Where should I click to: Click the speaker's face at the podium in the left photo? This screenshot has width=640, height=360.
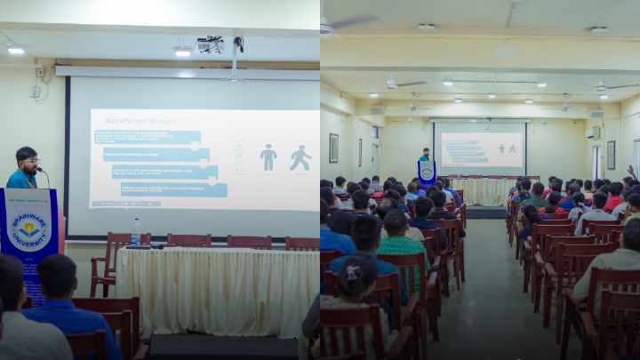tap(28, 162)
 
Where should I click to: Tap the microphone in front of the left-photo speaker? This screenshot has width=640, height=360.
tap(41, 172)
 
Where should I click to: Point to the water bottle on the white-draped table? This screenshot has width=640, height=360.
tap(135, 231)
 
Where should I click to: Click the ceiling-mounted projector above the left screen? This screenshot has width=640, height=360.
tap(210, 44)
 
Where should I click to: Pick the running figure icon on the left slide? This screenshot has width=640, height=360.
tap(300, 158)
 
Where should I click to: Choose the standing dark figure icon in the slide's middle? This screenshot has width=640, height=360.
tap(268, 157)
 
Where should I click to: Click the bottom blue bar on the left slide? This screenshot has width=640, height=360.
tap(174, 189)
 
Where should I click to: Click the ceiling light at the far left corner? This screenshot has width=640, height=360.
tap(16, 50)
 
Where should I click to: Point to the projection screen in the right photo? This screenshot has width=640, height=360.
tap(481, 148)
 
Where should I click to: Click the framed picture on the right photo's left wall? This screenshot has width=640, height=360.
tap(333, 148)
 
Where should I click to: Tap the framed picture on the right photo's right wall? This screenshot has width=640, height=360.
tap(611, 154)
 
